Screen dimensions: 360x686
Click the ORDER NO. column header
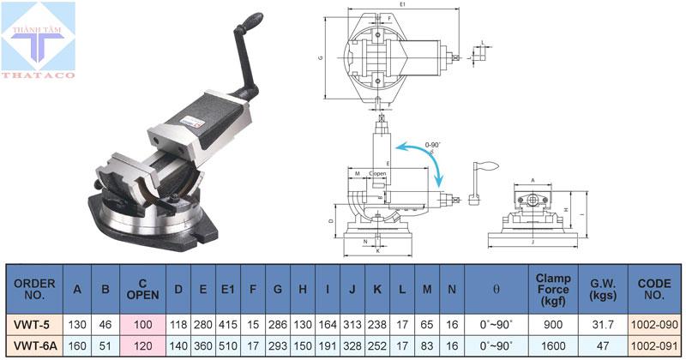[35, 290]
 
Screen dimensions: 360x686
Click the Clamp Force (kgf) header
[553, 290]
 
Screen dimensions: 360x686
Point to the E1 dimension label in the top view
[401, 5]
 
